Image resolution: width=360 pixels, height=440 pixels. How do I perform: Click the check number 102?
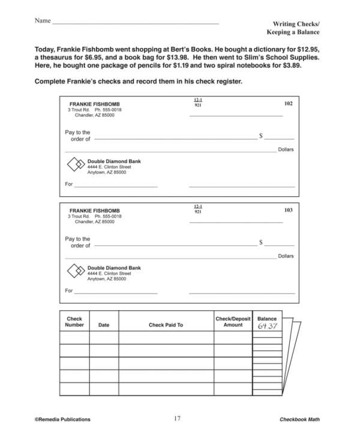tap(288, 103)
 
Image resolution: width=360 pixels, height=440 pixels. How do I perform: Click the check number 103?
tap(288, 210)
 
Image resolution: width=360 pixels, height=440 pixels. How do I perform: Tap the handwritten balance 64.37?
tap(268, 326)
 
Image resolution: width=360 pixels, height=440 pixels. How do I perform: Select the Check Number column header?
tap(74, 322)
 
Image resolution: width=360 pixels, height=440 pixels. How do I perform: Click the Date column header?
tap(104, 325)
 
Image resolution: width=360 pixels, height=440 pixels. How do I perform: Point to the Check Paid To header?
tap(166, 325)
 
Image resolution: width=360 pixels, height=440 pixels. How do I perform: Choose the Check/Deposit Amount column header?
tap(233, 322)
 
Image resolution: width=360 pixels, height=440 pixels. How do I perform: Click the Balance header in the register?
tap(267, 319)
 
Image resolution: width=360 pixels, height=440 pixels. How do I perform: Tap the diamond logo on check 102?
tap(76, 164)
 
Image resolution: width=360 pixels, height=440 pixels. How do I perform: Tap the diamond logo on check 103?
tap(76, 271)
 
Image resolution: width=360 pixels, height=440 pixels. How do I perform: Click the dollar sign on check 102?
tap(261, 136)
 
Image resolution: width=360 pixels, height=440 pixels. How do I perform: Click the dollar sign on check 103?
tap(261, 243)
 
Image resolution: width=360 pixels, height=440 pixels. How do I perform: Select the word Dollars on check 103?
tap(286, 256)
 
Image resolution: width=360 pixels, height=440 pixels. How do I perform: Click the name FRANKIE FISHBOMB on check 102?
tap(94, 104)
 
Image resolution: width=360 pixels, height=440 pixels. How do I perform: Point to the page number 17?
tap(177, 418)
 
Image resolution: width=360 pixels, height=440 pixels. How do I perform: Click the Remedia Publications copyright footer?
tap(63, 419)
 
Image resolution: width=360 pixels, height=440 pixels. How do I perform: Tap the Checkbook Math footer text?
tap(299, 419)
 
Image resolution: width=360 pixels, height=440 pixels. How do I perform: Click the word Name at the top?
tap(42, 21)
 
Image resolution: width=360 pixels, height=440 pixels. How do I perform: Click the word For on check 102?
tap(68, 184)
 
